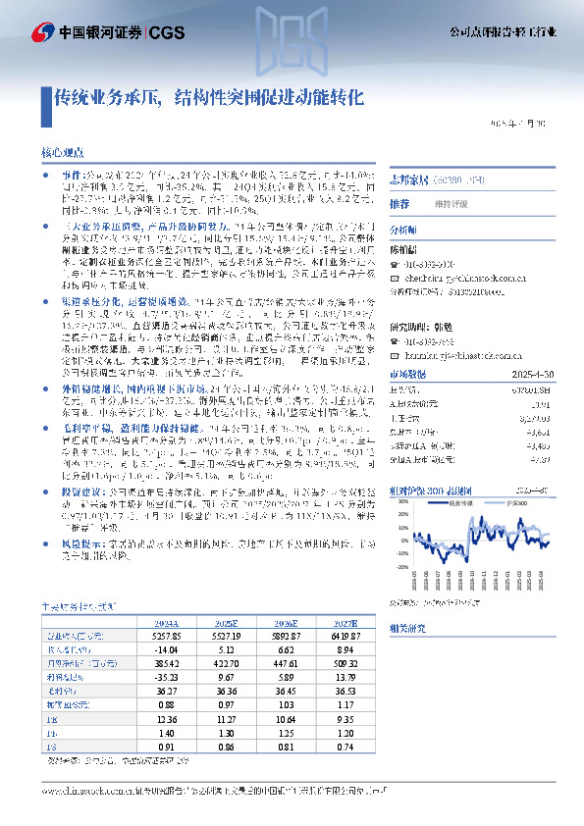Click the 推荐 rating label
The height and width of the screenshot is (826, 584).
[399, 204]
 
